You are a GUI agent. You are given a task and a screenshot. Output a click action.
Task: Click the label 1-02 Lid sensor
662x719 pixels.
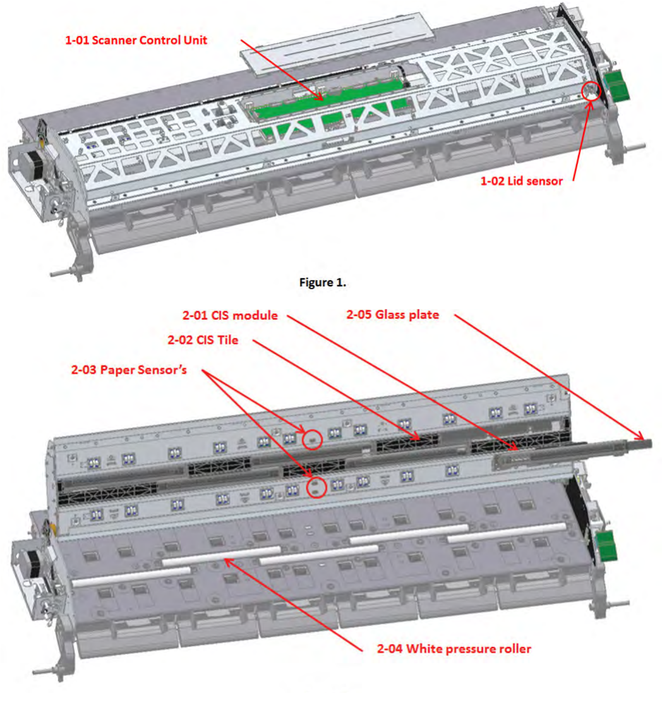(x=522, y=181)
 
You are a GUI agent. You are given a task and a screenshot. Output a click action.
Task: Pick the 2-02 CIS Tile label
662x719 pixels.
(x=203, y=340)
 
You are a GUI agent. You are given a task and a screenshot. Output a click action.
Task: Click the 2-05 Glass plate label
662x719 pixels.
(x=392, y=315)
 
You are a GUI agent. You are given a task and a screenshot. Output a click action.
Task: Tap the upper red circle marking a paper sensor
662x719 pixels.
(x=312, y=440)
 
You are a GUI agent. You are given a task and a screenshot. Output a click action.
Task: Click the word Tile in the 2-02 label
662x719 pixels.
(x=227, y=340)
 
